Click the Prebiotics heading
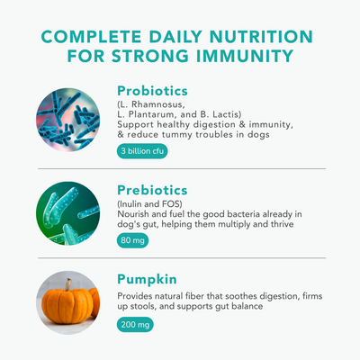152,191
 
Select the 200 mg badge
136,323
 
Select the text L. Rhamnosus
149,104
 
